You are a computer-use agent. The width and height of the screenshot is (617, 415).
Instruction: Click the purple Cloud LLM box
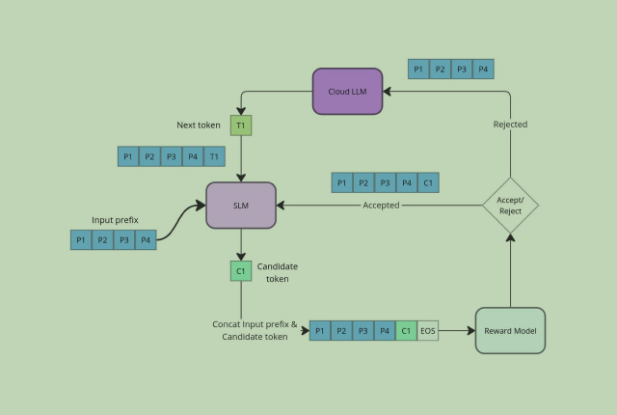pyautogui.click(x=347, y=92)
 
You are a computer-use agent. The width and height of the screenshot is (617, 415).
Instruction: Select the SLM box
pyautogui.click(x=241, y=205)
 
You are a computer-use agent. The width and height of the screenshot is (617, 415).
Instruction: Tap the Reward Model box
pyautogui.click(x=510, y=330)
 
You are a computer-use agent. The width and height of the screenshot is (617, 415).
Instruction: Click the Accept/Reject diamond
pyautogui.click(x=510, y=205)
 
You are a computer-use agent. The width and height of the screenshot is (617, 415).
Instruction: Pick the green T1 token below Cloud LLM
pyautogui.click(x=241, y=125)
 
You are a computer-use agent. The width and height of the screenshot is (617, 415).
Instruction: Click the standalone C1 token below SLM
pyautogui.click(x=241, y=271)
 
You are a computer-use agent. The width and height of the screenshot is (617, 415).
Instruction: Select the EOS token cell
pyautogui.click(x=428, y=331)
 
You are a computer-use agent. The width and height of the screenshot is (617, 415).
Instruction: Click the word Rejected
pyautogui.click(x=510, y=124)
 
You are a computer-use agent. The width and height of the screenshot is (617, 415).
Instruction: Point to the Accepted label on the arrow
pyautogui.click(x=381, y=206)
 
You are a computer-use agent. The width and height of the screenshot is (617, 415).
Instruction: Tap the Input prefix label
pyautogui.click(x=115, y=220)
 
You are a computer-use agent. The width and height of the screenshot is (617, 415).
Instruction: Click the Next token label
pyautogui.click(x=199, y=125)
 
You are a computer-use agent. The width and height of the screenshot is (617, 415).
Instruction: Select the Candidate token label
pyautogui.click(x=277, y=272)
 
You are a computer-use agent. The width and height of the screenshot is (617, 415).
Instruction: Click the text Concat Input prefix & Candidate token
pyautogui.click(x=255, y=331)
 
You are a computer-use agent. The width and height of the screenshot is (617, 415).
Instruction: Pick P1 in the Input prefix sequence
pyautogui.click(x=81, y=239)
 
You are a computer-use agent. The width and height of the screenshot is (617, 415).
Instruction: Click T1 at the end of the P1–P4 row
pyautogui.click(x=214, y=156)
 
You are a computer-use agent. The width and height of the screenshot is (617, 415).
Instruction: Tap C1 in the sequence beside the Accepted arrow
pyautogui.click(x=428, y=182)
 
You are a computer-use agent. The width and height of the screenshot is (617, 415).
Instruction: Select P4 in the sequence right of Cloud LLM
pyautogui.click(x=483, y=69)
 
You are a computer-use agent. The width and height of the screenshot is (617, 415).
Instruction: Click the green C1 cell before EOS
pyautogui.click(x=406, y=331)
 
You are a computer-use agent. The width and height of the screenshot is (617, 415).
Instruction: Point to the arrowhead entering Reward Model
pyautogui.click(x=471, y=331)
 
